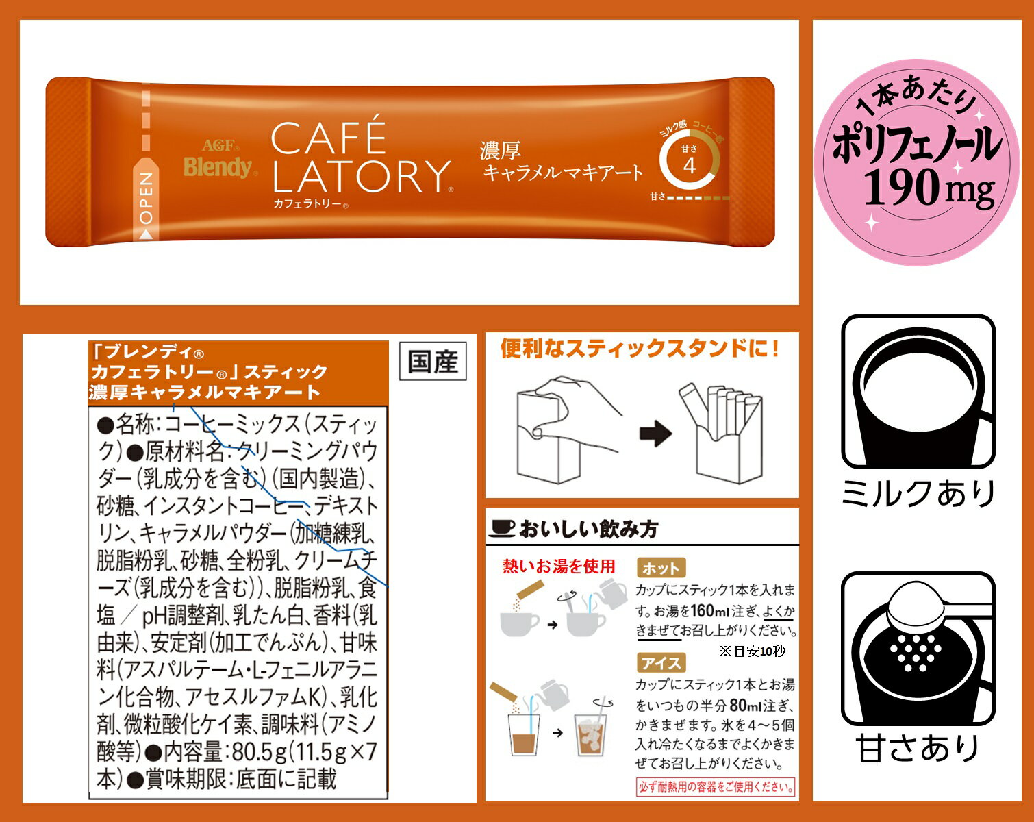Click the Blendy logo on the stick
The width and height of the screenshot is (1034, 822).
pos(217,166)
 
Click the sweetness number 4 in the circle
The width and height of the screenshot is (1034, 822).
pos(689,166)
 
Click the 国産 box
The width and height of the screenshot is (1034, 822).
pos(433,361)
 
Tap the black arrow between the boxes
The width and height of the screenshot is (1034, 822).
pos(655,434)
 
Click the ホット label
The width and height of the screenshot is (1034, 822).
pos(661,568)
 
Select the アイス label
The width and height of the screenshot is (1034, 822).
pos(661,663)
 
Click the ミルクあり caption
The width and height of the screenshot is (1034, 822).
pos(918,493)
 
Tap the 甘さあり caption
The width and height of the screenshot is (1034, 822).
pos(918,748)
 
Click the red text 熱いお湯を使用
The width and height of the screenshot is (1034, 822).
pos(559,566)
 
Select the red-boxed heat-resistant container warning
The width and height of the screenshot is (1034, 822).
pos(716,787)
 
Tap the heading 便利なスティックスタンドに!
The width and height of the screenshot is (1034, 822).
pos(640,349)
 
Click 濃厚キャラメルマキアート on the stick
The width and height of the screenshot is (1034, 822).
pos(562,162)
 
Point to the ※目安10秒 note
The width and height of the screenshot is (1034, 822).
pos(751,651)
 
